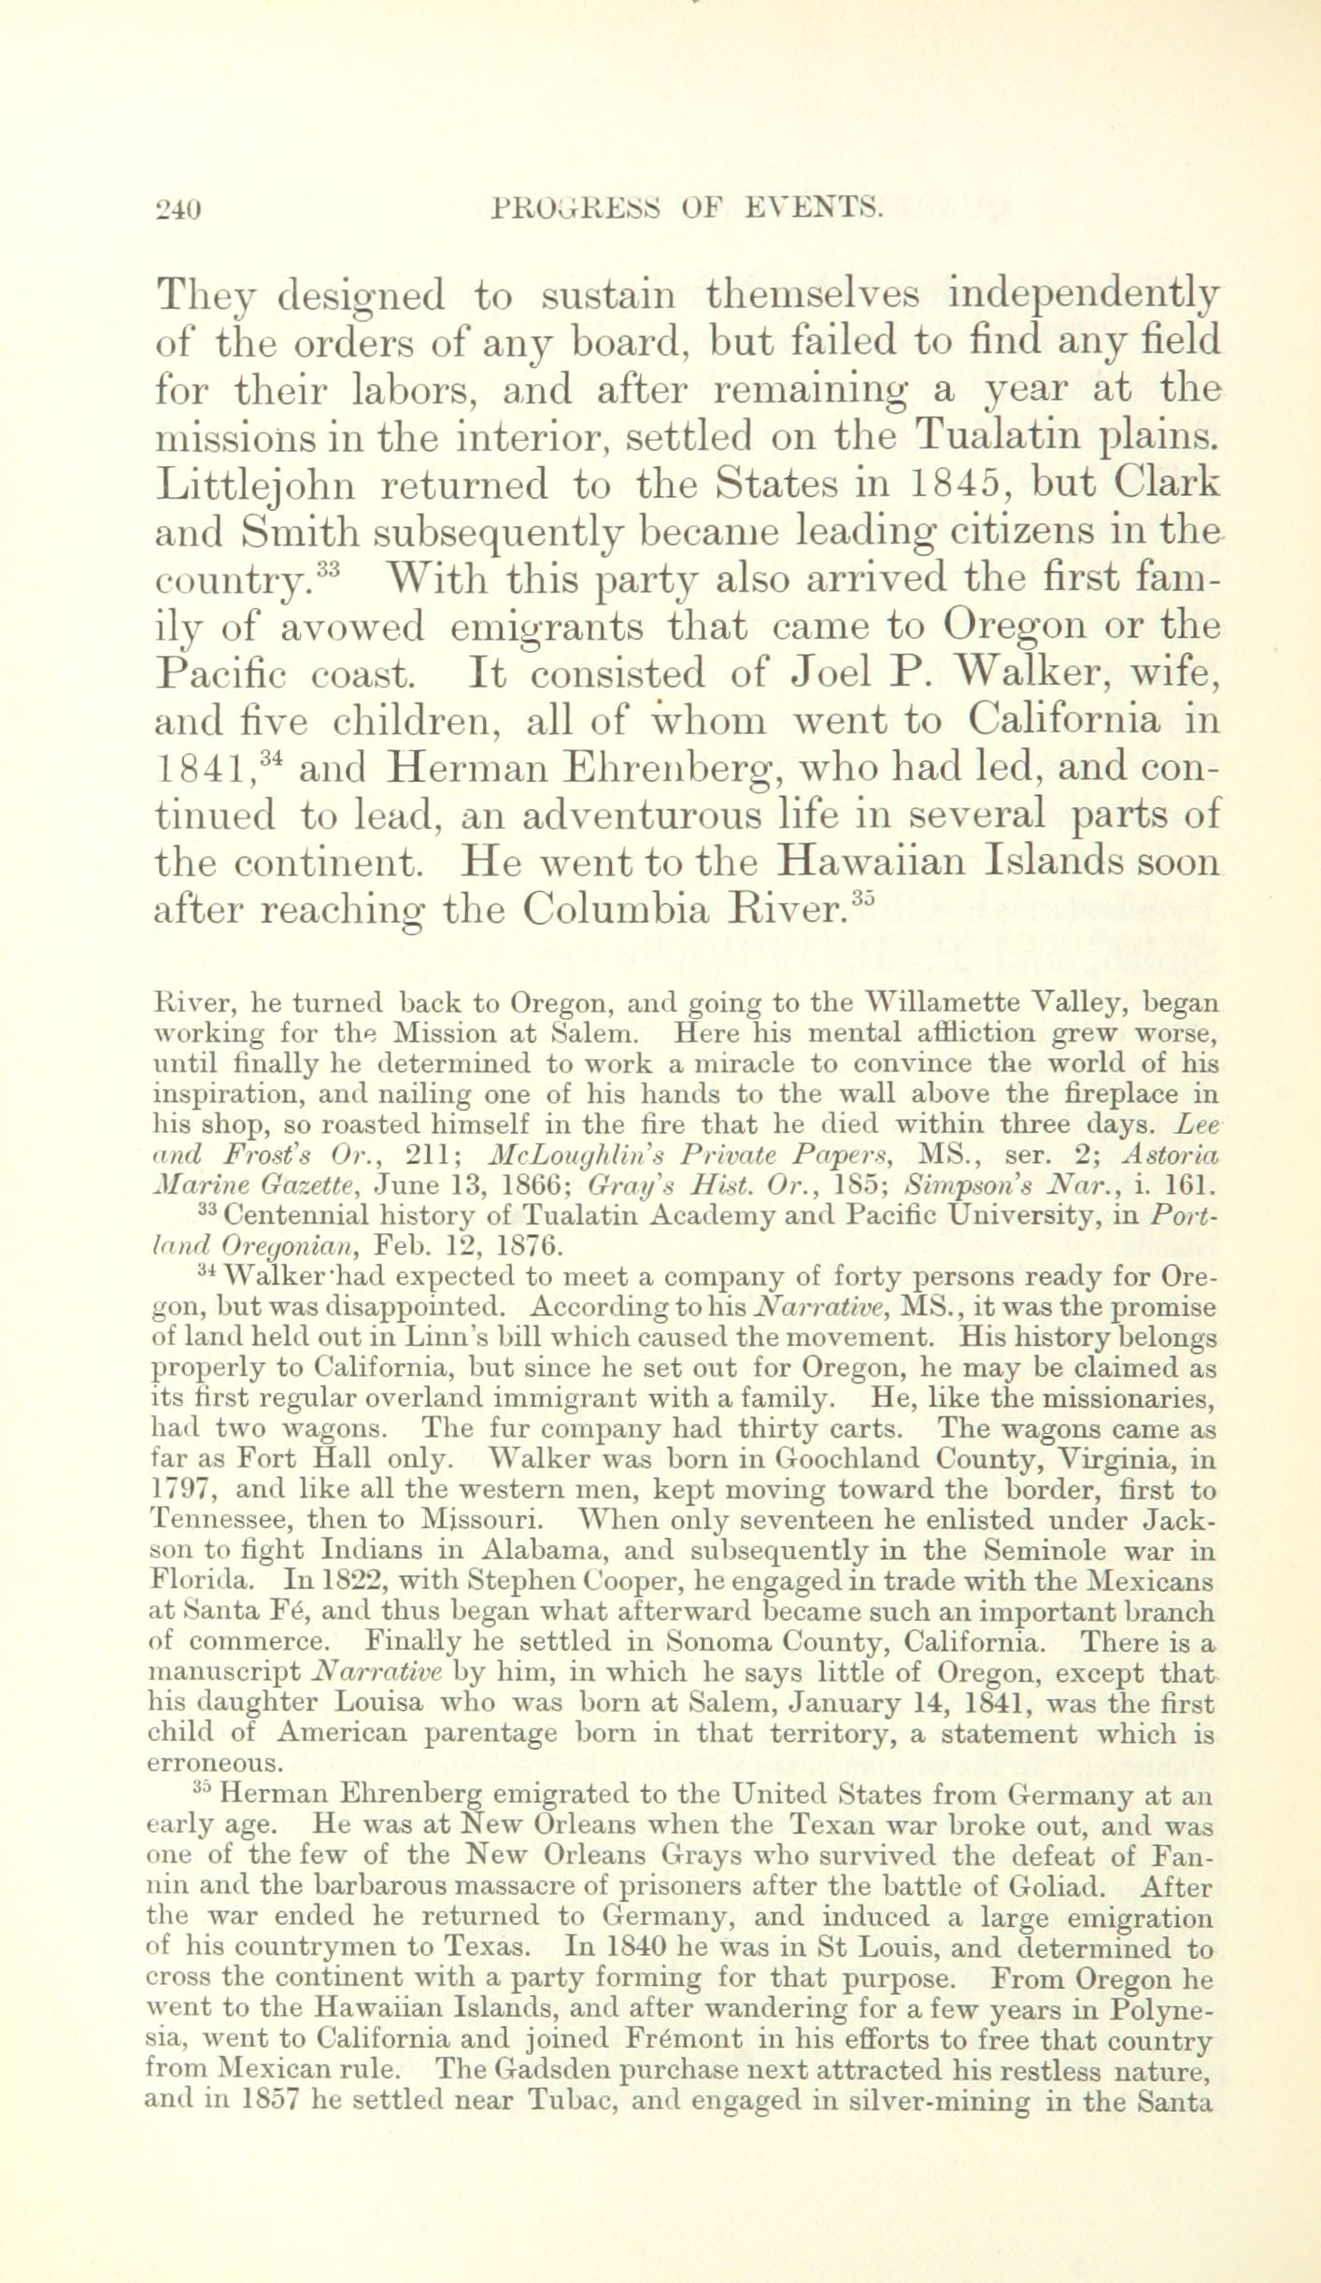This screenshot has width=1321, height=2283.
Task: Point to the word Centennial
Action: pyautogui.click(x=297, y=1215)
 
